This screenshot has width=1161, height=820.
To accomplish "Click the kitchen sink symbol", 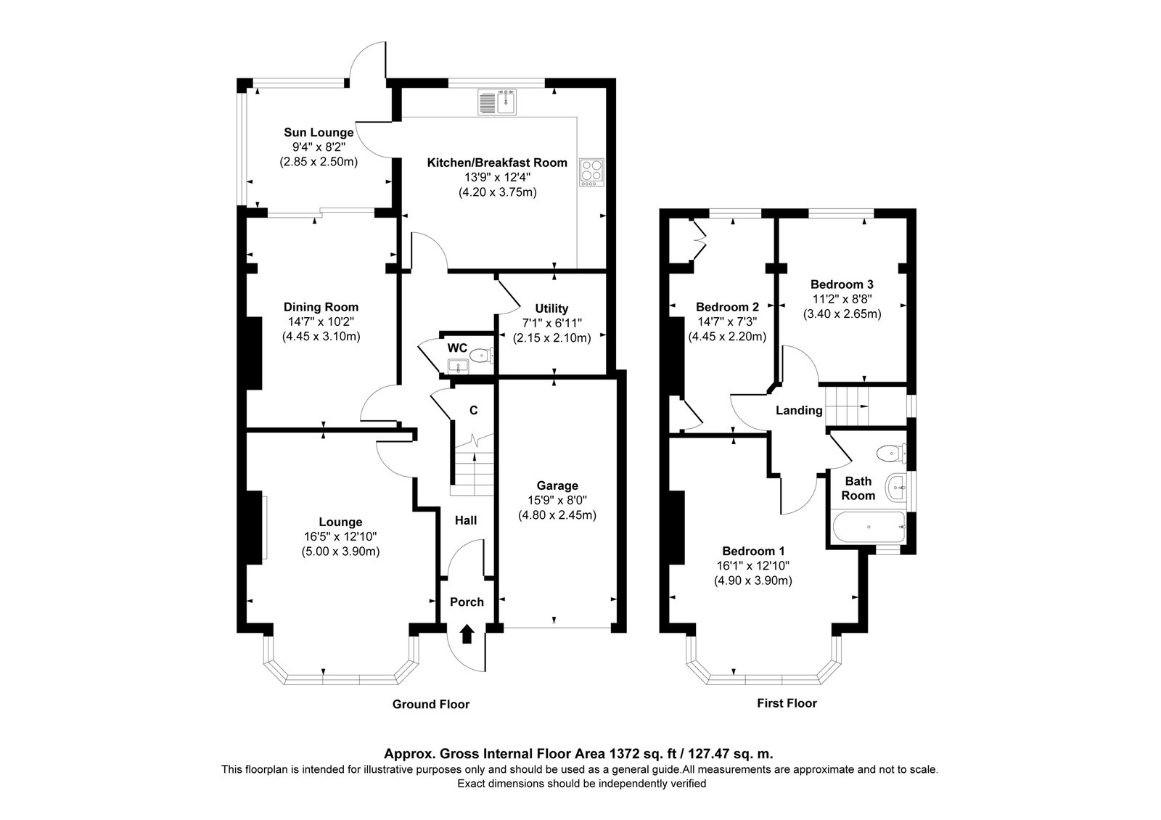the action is coord(497,102).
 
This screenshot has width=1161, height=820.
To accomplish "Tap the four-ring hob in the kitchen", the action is coord(592,172).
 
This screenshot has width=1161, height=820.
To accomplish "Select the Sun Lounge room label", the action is coord(319,133).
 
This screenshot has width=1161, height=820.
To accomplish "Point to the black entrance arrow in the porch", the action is coord(467,634).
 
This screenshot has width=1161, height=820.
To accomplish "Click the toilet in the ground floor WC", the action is coord(482,356).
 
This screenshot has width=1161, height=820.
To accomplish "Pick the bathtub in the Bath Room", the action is coord(868,527).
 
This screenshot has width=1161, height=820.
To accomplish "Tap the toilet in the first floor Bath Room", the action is coord(892,454).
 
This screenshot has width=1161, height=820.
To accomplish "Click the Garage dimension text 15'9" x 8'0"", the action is coord(557,500).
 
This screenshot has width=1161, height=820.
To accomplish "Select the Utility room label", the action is coord(551,309).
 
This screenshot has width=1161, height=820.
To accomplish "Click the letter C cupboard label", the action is coord(473,411).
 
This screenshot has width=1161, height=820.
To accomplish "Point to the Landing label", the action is coord(799,411).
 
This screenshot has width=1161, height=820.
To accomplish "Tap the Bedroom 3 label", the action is coord(842,284).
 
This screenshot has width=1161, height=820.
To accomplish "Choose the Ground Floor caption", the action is coord(431,704).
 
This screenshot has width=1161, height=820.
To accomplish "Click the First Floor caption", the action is coord(787,703).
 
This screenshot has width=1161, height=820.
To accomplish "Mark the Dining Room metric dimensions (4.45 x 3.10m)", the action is coord(321,337).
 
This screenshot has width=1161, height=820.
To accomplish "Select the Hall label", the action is coord(465,520).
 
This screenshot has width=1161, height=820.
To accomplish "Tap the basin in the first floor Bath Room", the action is coord(897,488).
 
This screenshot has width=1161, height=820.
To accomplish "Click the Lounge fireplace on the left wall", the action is coord(254,527).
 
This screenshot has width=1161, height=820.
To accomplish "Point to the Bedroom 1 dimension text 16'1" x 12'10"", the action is coord(752,565).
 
